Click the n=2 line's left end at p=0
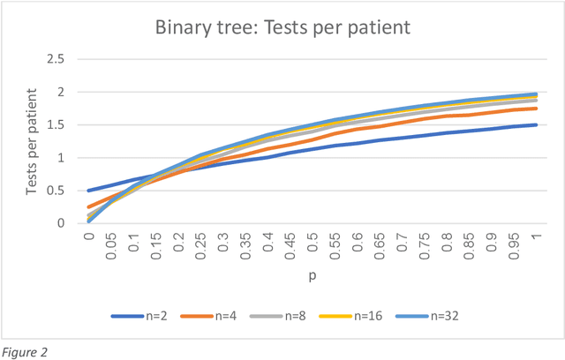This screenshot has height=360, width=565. point(89,191)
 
